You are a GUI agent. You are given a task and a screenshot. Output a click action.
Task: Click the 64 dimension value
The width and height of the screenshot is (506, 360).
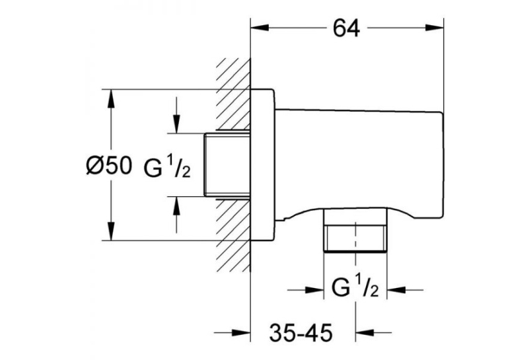click(346, 28)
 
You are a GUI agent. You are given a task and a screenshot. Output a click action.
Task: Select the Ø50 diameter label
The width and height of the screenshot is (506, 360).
click(109, 166)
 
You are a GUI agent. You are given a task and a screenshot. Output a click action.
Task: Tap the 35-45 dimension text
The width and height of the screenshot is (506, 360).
click(301, 332)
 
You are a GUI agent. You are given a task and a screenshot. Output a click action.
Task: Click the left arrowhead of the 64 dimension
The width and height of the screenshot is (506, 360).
click(260, 28)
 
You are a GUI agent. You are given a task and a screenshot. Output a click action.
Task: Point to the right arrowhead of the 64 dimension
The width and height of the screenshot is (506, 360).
click(435, 28)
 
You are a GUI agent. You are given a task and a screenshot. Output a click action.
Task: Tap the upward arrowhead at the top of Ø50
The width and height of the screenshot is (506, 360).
click(111, 98)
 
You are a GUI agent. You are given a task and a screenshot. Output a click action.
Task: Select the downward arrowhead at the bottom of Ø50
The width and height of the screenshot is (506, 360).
click(111, 231)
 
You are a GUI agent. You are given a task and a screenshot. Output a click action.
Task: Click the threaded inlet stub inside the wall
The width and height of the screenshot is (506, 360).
click(227, 165)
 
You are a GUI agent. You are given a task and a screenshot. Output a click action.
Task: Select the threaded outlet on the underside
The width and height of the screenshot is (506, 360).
click(355, 230)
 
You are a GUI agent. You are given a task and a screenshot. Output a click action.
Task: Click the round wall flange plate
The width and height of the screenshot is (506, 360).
click(263, 164)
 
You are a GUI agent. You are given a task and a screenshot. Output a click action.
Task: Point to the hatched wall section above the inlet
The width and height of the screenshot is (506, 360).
click(233, 95)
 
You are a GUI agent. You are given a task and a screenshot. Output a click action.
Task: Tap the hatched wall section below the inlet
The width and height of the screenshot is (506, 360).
click(233, 235)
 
